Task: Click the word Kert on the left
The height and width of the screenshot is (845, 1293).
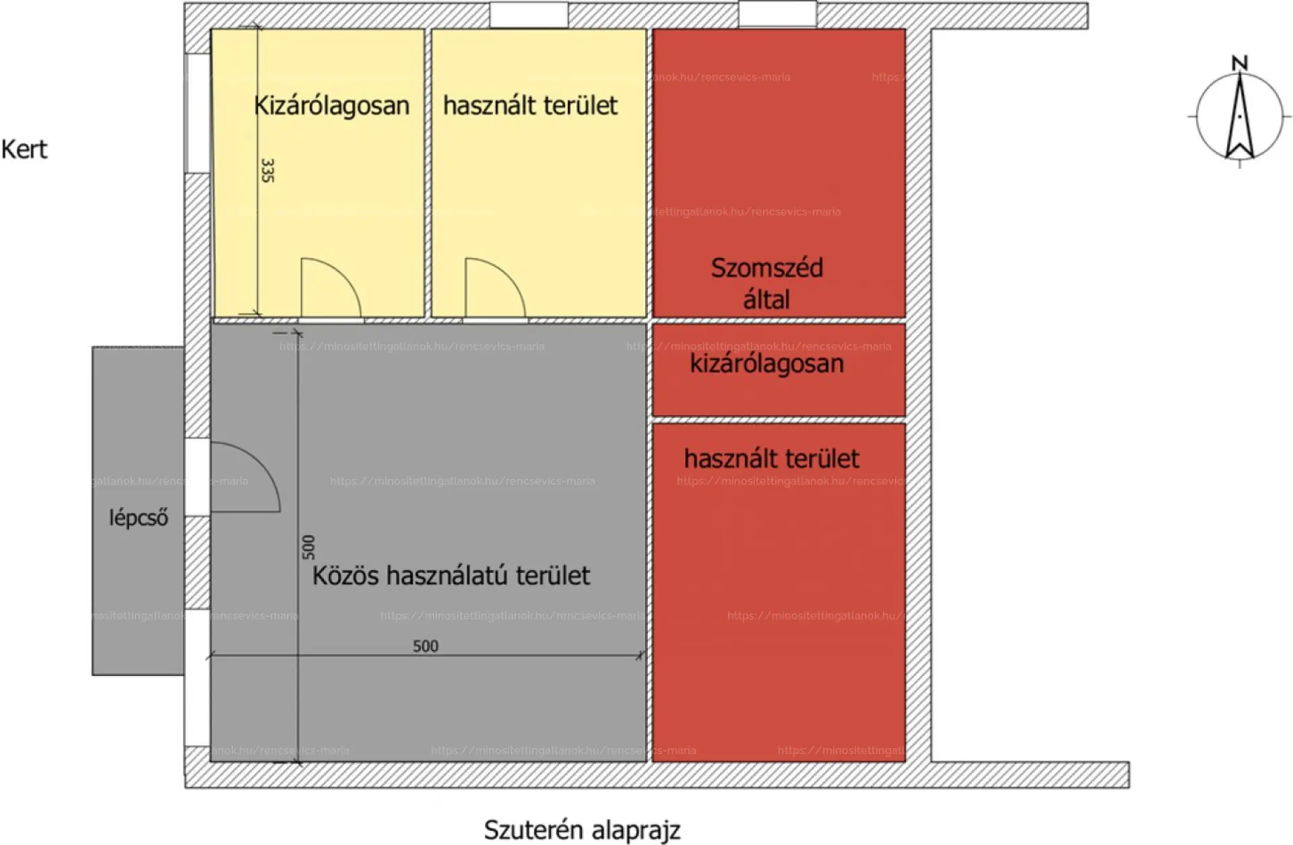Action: (24, 149)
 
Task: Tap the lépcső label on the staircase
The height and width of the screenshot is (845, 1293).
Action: (138, 518)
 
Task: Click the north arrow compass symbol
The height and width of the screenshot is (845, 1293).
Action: (1239, 117)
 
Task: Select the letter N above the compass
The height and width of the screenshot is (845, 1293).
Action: (1239, 63)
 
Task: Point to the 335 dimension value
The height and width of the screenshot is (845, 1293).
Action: (267, 170)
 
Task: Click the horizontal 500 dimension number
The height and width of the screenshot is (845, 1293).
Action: (425, 646)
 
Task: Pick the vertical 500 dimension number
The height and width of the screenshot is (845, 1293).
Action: (308, 547)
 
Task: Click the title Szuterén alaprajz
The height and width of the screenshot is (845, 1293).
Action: (582, 830)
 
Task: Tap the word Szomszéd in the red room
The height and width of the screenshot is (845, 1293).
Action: (766, 268)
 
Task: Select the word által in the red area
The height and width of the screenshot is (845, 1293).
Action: (766, 300)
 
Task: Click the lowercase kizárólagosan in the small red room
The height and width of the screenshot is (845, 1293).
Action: (766, 364)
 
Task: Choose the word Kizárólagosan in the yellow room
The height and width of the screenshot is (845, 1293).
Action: (331, 106)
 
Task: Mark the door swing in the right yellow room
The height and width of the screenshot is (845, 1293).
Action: (494, 288)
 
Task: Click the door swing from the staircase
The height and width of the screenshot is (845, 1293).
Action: (244, 477)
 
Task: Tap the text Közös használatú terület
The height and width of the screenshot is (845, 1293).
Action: (451, 576)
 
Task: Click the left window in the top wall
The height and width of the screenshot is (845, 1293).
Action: (528, 15)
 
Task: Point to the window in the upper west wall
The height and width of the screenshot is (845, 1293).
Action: (197, 113)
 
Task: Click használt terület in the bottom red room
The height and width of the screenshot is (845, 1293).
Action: (771, 459)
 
